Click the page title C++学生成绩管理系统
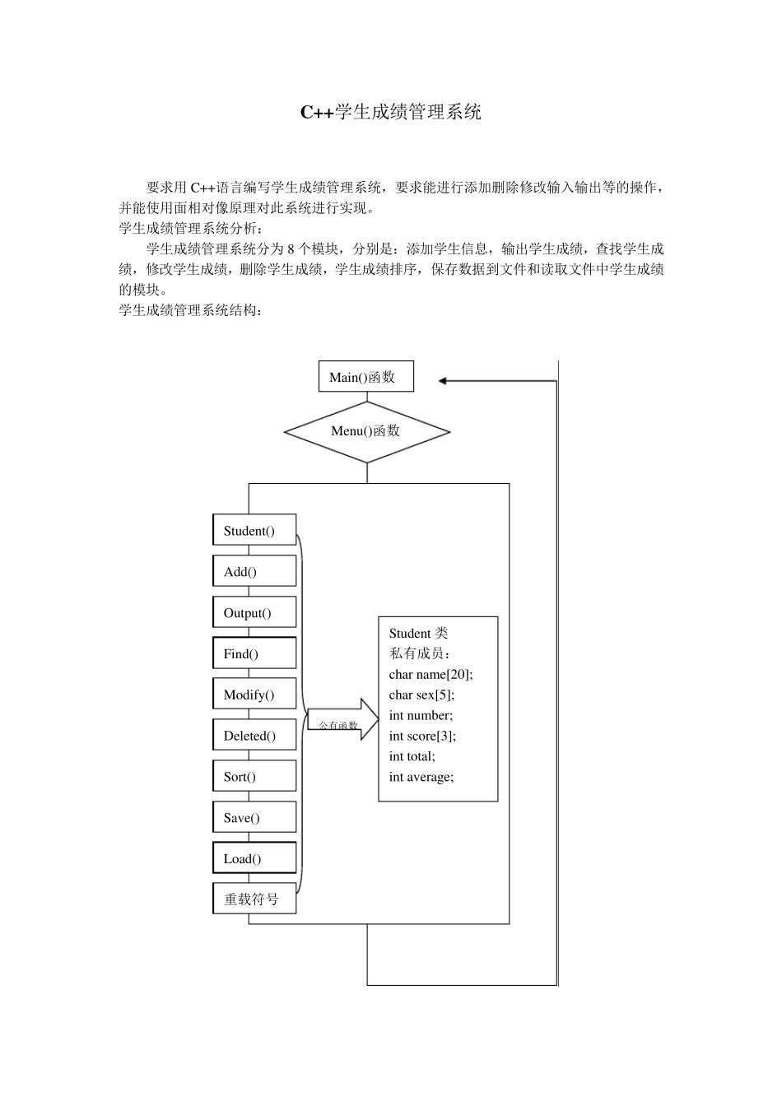click(390, 112)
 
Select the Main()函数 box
click(366, 377)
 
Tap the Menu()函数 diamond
click(366, 431)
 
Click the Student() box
click(254, 531)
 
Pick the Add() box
click(254, 571)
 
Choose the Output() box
click(254, 612)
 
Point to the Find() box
click(254, 653)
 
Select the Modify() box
click(254, 695)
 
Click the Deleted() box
click(254, 736)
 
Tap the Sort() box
click(254, 776)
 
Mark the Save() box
click(254, 817)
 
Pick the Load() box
click(254, 858)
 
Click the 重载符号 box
click(254, 899)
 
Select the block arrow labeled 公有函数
click(342, 721)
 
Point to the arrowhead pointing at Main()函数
click(443, 381)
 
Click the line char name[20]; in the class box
click(431, 674)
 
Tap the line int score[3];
click(422, 736)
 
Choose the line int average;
click(421, 776)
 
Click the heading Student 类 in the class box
click(418, 633)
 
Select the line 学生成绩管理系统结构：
click(191, 310)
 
